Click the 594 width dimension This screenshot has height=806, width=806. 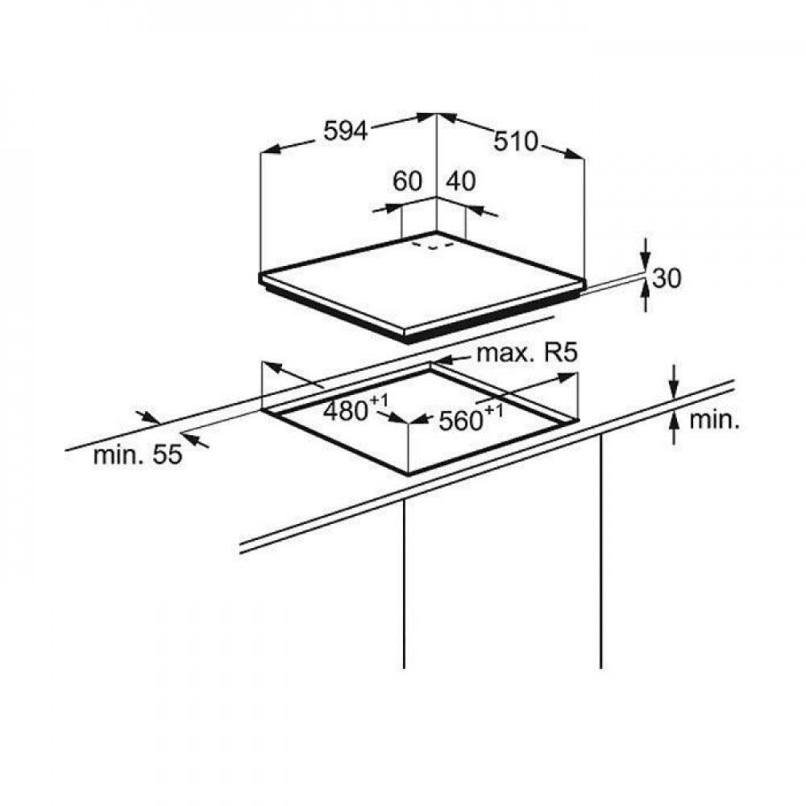click(346, 131)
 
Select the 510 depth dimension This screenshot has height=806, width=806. click(516, 141)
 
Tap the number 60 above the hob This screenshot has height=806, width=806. click(407, 181)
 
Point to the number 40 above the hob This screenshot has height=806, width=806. click(460, 181)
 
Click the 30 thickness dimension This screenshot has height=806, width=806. click(667, 277)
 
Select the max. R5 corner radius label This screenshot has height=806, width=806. click(528, 353)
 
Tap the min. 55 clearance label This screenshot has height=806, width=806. click(138, 455)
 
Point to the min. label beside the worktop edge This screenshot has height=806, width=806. click(714, 420)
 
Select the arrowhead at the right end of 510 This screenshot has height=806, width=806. click(574, 154)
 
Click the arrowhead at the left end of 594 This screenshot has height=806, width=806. click(271, 150)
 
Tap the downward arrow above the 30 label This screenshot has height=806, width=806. click(646, 252)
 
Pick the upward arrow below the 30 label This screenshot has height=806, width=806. click(646, 297)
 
